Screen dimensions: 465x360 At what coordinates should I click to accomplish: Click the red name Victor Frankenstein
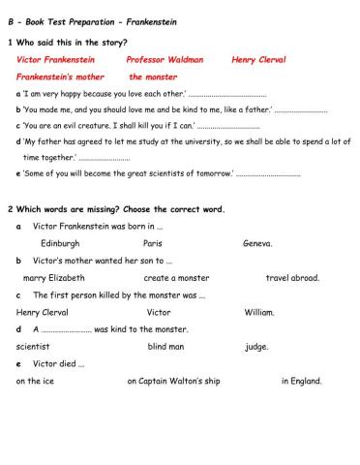click(x=55, y=59)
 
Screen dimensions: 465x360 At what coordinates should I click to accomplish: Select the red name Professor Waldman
click(x=165, y=59)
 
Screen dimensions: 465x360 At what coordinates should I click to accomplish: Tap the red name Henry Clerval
click(x=258, y=59)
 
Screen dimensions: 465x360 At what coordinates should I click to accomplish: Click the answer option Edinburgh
click(x=60, y=243)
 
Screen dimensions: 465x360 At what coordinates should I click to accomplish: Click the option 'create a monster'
click(x=174, y=278)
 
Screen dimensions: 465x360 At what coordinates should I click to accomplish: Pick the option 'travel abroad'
click(x=292, y=278)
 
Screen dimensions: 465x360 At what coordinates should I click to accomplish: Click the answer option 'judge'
click(x=255, y=347)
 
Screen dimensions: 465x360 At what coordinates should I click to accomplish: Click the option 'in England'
click(x=301, y=382)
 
